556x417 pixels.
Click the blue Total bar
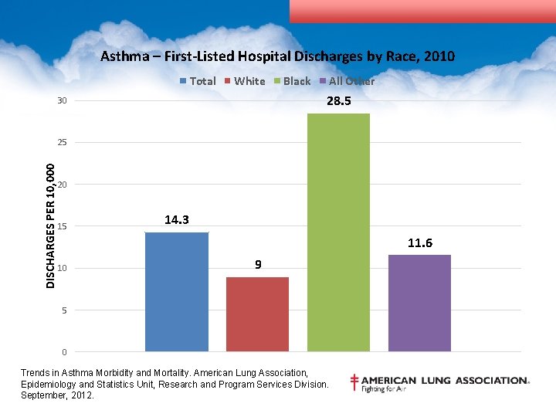[177, 292]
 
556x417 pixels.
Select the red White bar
[257, 314]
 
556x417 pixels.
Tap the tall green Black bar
[338, 232]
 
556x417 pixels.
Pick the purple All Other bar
[419, 303]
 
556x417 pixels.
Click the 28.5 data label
[338, 101]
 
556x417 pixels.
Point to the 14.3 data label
[177, 220]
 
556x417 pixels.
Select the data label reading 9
[258, 265]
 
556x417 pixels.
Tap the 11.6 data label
[419, 243]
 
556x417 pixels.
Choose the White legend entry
[245, 81]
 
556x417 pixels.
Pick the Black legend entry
[293, 81]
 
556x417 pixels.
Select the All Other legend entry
[347, 81]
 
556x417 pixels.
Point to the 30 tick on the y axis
[62, 101]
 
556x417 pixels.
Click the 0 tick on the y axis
[64, 352]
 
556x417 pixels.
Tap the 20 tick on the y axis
[62, 185]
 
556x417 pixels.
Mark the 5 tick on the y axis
[64, 310]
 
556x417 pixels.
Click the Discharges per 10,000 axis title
[50, 225]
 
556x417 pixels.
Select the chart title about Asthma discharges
[277, 56]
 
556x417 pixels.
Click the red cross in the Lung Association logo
[354, 382]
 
